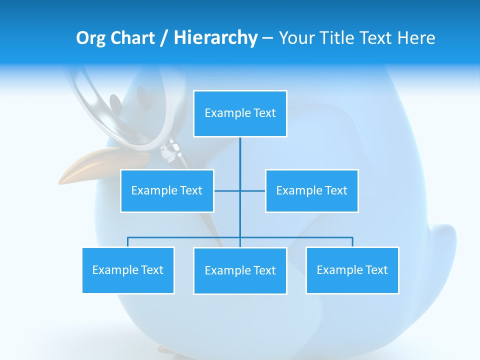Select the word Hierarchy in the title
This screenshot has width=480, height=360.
[215, 38]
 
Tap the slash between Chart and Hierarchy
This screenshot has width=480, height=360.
[164, 38]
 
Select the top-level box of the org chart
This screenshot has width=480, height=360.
[240, 113]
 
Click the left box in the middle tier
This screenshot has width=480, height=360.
[167, 190]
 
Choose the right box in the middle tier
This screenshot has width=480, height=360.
[311, 190]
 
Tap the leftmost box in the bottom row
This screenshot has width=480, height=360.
[128, 270]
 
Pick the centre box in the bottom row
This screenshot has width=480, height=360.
[240, 270]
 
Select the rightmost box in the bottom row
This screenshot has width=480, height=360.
[352, 270]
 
